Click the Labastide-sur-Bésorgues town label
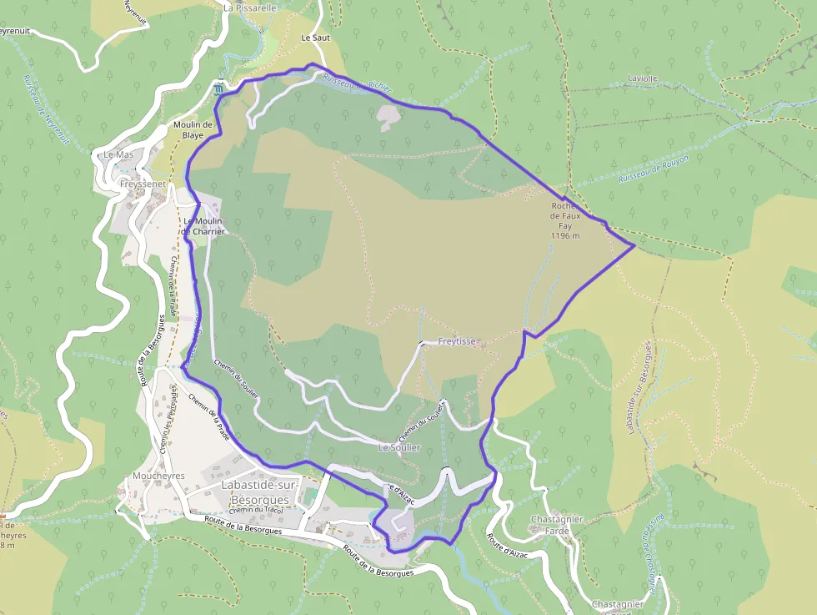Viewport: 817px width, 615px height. coord(255,491)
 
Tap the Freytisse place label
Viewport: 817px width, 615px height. coord(457,342)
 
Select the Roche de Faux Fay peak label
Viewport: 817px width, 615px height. coord(564,216)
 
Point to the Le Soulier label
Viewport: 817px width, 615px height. coord(399,448)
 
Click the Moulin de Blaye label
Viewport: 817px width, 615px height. coord(193,130)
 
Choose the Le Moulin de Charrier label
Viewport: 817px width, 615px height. coord(199,225)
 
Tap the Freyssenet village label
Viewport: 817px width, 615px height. coord(143,184)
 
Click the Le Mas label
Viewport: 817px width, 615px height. coord(118,155)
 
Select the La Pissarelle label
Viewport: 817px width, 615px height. coord(249,8)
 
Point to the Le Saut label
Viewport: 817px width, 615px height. coord(316,38)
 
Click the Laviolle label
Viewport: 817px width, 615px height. coord(642,79)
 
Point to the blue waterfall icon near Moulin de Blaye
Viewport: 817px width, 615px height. coord(218,88)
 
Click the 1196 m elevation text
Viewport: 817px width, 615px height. coord(564,236)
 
